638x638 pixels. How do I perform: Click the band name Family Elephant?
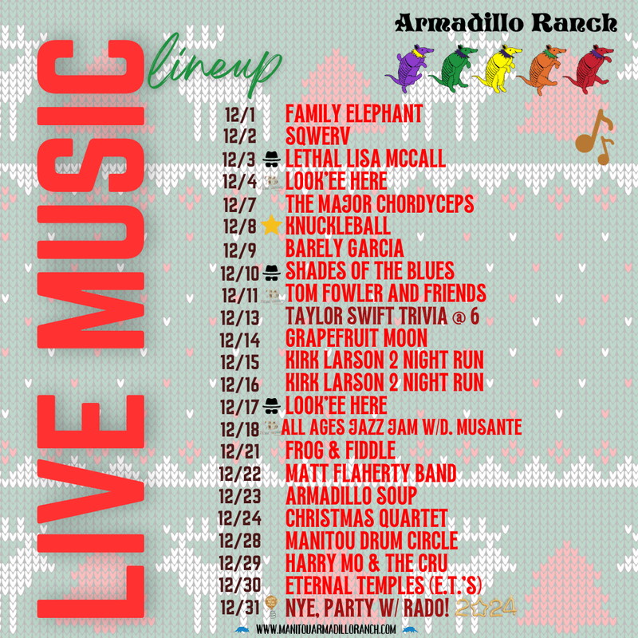coord(353,113)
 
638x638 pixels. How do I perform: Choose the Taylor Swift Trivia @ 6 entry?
coord(381,315)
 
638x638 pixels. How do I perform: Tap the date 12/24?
coord(239,517)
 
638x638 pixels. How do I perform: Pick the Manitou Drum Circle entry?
coord(372,539)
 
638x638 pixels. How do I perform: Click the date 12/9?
coord(239,247)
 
